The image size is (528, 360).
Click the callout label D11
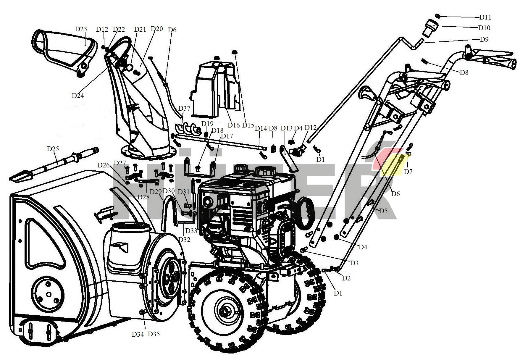click(x=485, y=17)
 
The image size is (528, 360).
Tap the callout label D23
click(x=81, y=29)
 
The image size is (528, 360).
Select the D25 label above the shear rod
click(x=53, y=149)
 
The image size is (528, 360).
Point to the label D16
click(x=234, y=125)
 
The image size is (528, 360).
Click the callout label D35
click(x=154, y=334)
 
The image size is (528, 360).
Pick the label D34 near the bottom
click(x=138, y=334)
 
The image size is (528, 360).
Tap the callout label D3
click(x=354, y=263)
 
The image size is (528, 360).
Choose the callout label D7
click(x=408, y=172)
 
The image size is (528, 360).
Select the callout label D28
click(x=143, y=197)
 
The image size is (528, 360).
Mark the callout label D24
click(x=78, y=96)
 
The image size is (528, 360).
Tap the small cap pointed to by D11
click(x=438, y=16)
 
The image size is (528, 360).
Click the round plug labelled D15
click(x=235, y=52)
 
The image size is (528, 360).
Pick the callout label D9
click(x=484, y=39)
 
